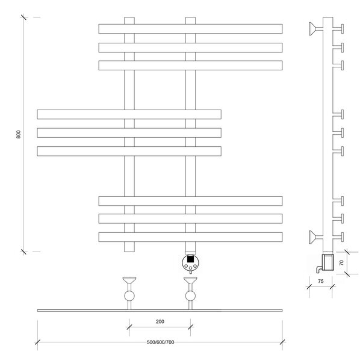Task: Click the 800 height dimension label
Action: click(19, 134)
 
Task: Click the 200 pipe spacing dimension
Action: click(160, 322)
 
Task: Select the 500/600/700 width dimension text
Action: click(161, 342)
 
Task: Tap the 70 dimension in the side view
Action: click(341, 263)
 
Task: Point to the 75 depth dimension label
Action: click(321, 282)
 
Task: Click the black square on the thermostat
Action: click(190, 259)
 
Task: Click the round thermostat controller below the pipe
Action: click(190, 263)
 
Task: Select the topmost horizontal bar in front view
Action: click(190, 29)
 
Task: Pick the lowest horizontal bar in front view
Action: click(190, 237)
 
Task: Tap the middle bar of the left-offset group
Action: click(129, 133)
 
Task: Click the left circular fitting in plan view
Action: click(129, 296)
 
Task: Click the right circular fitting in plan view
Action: click(190, 296)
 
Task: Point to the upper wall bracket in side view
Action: click(316, 29)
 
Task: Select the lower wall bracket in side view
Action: click(316, 237)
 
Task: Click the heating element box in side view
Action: click(327, 262)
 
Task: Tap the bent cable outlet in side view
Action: click(319, 269)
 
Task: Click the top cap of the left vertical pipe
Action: click(129, 20)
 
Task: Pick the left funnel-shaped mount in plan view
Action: click(129, 280)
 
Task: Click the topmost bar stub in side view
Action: click(338, 29)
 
